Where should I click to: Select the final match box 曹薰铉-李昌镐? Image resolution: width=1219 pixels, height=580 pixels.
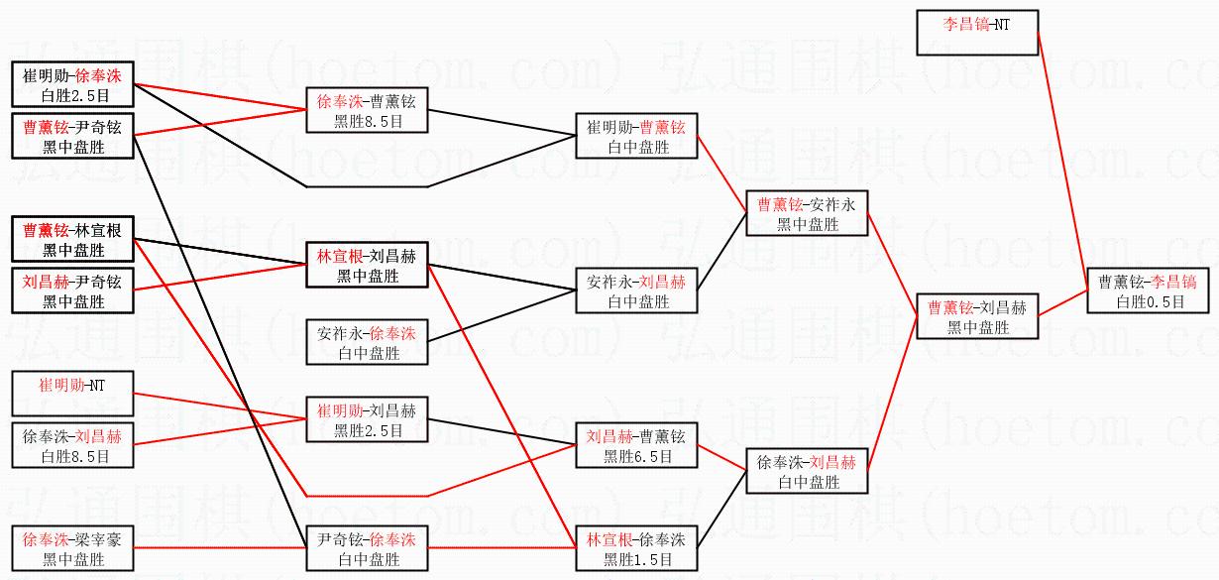click(1149, 290)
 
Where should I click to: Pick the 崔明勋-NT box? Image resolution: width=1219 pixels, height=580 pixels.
click(71, 394)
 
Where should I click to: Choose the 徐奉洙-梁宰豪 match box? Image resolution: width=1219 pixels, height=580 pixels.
click(71, 549)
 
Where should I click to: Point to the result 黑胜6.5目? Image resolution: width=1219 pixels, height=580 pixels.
click(636, 457)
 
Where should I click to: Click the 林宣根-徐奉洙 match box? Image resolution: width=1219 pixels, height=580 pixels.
click(636, 548)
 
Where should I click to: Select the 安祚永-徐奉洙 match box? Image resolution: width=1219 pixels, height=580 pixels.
click(367, 342)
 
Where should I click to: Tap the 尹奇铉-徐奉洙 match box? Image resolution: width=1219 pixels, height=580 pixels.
click(367, 548)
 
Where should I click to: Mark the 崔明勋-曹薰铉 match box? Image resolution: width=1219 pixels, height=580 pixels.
click(636, 137)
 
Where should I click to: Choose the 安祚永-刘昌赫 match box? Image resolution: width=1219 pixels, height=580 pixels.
click(636, 290)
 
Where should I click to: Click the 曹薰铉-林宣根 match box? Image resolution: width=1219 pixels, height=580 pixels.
click(72, 239)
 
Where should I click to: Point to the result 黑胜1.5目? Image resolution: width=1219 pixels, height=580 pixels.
click(636, 559)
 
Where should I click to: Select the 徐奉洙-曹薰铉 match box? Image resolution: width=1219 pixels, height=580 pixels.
click(367, 110)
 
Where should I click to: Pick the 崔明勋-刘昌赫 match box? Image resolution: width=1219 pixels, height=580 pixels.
click(367, 419)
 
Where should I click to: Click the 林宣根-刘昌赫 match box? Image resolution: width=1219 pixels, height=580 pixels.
click(367, 265)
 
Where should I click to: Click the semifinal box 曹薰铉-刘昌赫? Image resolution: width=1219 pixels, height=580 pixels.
click(977, 316)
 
